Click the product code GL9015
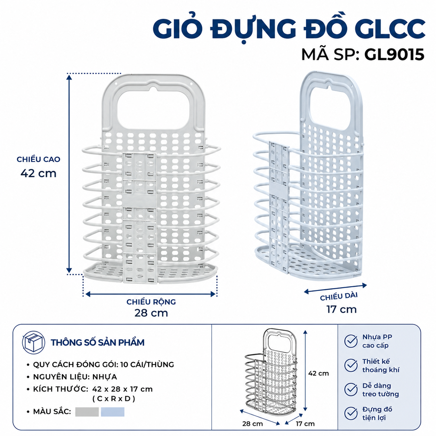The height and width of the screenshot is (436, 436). (394, 55)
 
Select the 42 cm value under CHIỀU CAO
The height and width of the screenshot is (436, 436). (38, 173)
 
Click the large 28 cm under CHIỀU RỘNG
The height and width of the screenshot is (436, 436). (151, 313)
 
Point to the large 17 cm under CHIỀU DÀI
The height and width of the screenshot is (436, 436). (342, 309)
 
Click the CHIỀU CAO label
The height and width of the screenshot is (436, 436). (39, 159)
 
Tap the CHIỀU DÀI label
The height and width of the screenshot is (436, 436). (339, 296)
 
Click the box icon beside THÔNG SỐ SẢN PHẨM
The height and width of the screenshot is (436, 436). (33, 342)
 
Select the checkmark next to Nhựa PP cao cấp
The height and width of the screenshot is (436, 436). (351, 341)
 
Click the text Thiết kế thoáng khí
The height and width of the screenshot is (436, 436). (381, 366)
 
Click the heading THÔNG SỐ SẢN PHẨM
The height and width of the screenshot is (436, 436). (97, 342)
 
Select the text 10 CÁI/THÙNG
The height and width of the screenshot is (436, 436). (147, 364)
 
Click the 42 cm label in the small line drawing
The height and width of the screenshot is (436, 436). (318, 373)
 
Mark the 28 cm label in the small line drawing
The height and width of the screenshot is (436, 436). (252, 423)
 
